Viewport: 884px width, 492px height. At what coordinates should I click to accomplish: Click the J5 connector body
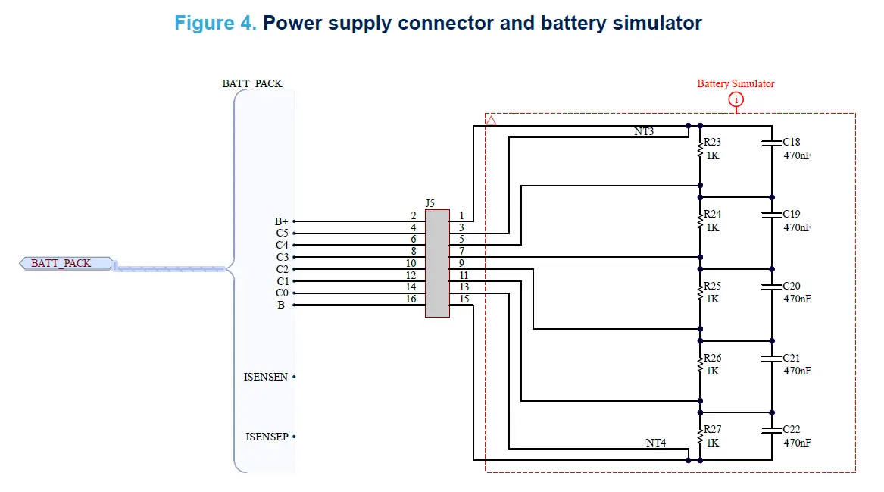pyautogui.click(x=437, y=263)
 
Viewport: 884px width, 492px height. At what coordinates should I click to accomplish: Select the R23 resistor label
pyautogui.click(x=713, y=142)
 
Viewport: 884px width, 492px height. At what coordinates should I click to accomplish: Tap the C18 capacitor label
pyautogui.click(x=792, y=142)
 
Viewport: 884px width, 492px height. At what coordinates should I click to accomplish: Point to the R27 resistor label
pyautogui.click(x=713, y=429)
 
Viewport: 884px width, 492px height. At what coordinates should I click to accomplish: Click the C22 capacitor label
pyautogui.click(x=792, y=429)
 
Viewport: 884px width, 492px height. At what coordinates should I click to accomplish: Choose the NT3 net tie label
pyautogui.click(x=644, y=131)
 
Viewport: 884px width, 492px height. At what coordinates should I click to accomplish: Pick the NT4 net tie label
pyautogui.click(x=656, y=443)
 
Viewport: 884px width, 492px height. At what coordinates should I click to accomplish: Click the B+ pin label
pyautogui.click(x=281, y=222)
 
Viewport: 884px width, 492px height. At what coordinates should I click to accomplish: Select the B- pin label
pyautogui.click(x=281, y=306)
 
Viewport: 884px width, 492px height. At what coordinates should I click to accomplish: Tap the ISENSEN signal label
pyautogui.click(x=265, y=377)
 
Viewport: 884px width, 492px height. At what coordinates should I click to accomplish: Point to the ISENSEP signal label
pyautogui.click(x=266, y=437)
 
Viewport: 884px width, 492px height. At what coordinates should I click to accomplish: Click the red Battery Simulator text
pyautogui.click(x=736, y=84)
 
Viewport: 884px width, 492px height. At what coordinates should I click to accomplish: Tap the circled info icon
pyautogui.click(x=736, y=100)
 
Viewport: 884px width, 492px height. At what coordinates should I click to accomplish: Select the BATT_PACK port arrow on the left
pyautogui.click(x=65, y=264)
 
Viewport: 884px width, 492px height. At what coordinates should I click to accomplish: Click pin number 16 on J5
pyautogui.click(x=411, y=299)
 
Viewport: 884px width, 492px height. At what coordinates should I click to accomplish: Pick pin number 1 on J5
pyautogui.click(x=461, y=216)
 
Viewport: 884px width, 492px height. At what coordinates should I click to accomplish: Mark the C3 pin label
pyautogui.click(x=282, y=258)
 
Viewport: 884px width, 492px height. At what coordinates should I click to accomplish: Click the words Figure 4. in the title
pyautogui.click(x=215, y=23)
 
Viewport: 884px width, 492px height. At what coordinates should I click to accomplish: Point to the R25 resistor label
pyautogui.click(x=713, y=286)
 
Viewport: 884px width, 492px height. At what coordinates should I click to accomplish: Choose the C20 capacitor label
pyautogui.click(x=792, y=286)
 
